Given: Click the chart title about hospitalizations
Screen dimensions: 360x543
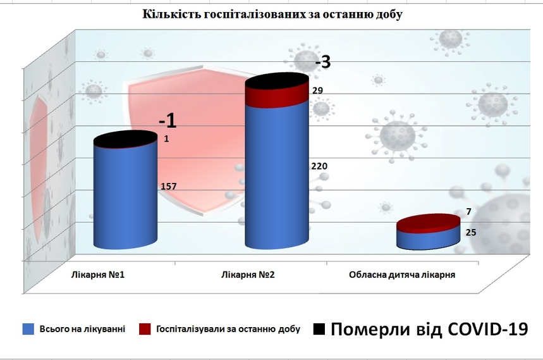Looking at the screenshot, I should coord(272,15).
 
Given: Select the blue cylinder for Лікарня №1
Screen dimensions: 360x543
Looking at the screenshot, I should coord(125,196).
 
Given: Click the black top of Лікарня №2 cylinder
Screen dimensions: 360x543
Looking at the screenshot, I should coord(277,80).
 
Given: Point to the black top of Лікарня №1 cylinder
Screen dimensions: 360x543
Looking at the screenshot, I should coord(125,139).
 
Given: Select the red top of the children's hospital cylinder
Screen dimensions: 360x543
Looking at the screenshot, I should coord(428,223).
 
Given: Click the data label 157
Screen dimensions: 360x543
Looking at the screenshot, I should coord(168,186).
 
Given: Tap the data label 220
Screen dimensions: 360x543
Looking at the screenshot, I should coord(319,166).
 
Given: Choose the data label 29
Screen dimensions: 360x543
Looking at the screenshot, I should coord(318,90).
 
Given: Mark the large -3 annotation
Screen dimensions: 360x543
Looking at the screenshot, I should coord(322,63).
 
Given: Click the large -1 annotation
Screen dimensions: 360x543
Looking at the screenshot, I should coord(168,120).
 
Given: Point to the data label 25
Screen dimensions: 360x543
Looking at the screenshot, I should coord(471,232).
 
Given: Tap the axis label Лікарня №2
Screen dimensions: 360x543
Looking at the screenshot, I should coord(248,275).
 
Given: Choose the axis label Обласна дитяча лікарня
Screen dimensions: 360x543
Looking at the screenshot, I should coord(403,275).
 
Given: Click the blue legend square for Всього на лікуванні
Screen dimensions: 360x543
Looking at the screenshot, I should coord(28,329).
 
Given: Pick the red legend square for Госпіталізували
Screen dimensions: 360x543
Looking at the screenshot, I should coord(145,329).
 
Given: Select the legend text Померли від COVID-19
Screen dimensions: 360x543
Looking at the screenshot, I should coord(429,329).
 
